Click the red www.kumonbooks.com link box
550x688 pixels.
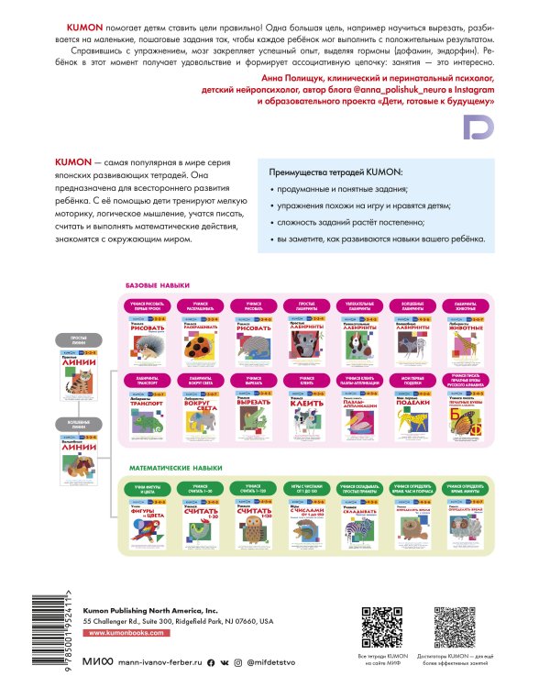[130, 634]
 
